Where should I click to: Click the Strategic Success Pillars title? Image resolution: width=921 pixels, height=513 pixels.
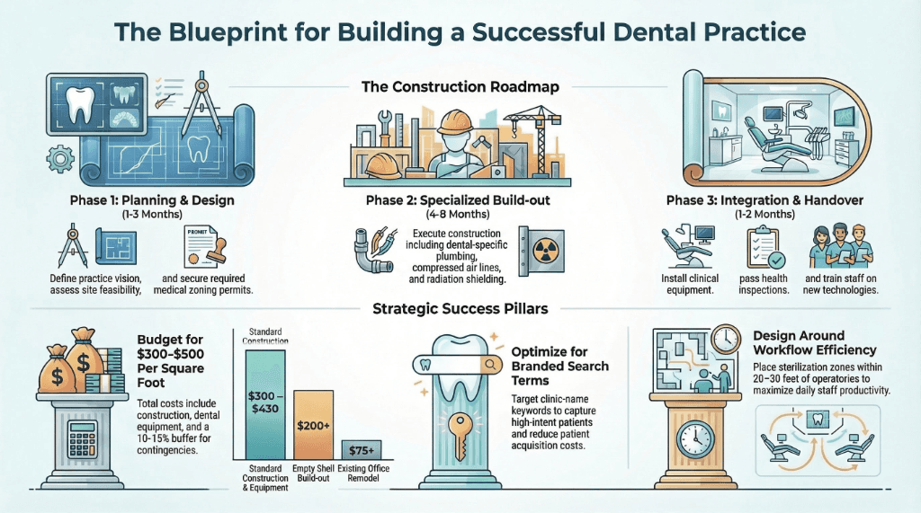click(x=460, y=310)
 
